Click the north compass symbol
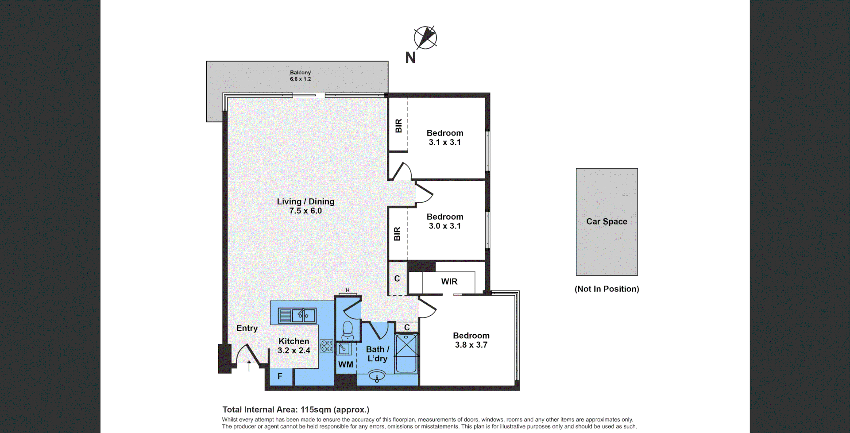point(425,37)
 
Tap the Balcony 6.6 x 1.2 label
point(300,76)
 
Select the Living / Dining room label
point(305,206)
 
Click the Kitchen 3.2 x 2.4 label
point(294,346)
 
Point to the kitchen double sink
point(297,316)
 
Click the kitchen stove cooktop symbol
point(327,346)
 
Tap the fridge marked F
point(280,376)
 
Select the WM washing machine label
point(346,365)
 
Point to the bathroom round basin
point(377,377)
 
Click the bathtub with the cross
point(406,354)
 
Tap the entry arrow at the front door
point(249,365)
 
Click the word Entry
point(247,328)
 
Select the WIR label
point(449,282)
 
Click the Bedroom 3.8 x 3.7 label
point(471,340)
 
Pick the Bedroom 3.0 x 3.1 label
point(445,221)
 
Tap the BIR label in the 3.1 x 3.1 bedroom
point(398,126)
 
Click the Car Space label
point(607,221)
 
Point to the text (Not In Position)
point(607,289)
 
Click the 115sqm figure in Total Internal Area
point(316,410)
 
